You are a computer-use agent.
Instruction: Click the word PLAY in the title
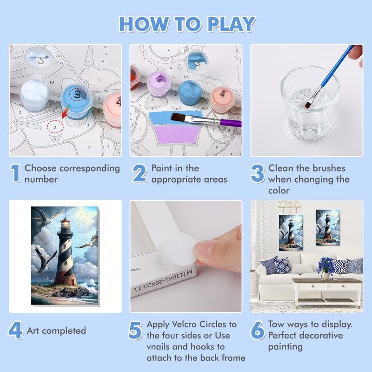pos(232,24)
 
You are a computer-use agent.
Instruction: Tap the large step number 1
pos(15,173)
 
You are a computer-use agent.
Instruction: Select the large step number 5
pos(135,330)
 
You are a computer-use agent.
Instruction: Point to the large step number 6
pos(258,330)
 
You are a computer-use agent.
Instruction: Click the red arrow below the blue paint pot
pos(66,112)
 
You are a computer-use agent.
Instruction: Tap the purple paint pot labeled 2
pos(159,84)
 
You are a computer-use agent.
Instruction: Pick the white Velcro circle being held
pos(180,248)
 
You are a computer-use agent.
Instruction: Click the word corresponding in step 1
pos(90,169)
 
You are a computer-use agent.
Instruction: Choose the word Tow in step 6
pos(276,324)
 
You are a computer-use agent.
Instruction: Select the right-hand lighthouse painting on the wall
pos(328,227)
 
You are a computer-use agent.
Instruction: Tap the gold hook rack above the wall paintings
pos(289,206)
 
